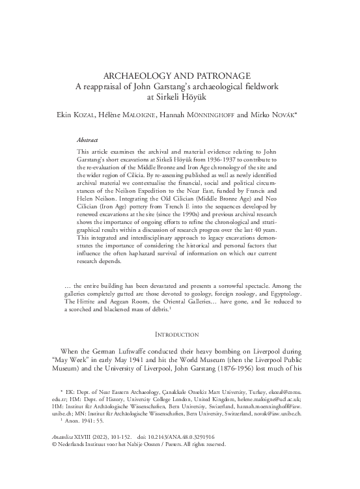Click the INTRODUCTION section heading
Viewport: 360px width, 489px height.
(x=179, y=334)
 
